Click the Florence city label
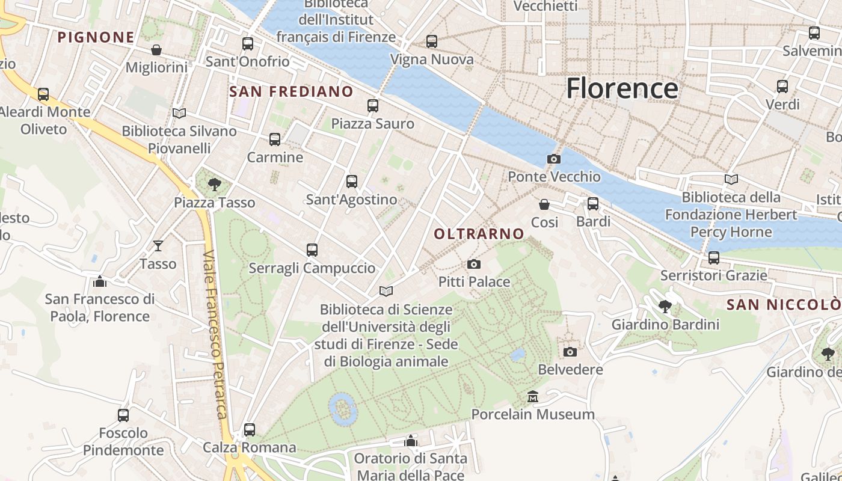click(x=622, y=88)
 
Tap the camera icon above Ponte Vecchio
click(x=553, y=159)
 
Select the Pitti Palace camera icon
click(x=474, y=264)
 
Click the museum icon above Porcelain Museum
click(x=533, y=397)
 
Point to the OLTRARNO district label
click(x=479, y=234)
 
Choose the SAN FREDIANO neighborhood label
click(x=291, y=91)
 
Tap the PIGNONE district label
click(x=96, y=37)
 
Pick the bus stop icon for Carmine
click(x=275, y=139)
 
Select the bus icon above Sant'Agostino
click(x=352, y=182)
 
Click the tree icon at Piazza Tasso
click(x=214, y=185)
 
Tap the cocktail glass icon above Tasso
click(x=158, y=245)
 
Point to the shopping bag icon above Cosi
click(x=544, y=204)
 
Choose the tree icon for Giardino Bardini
click(x=665, y=307)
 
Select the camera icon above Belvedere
click(x=570, y=352)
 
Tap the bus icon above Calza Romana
click(x=250, y=430)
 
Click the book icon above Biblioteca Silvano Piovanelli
click(x=179, y=113)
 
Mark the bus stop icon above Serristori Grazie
click(x=714, y=258)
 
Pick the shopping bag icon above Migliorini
click(x=156, y=49)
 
